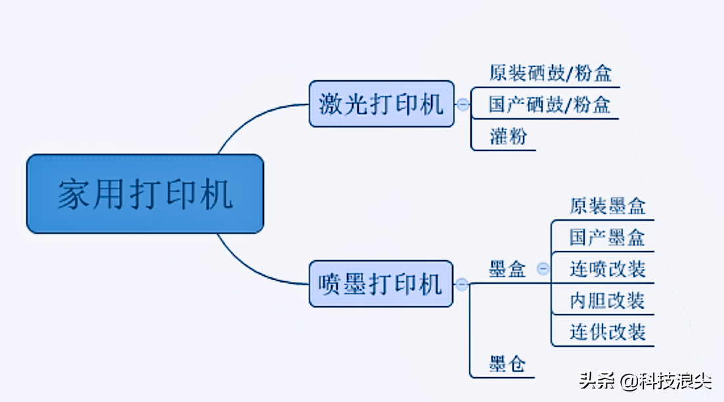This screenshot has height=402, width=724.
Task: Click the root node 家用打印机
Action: pos(145,194)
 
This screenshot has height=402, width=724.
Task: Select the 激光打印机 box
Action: pos(381,104)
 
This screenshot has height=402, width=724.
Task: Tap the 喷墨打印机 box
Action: pos(381,284)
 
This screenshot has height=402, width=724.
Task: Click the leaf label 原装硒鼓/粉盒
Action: pos(550,73)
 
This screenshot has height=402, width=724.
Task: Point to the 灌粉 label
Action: pos(508,136)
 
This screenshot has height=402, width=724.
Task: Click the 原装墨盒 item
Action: pos(607,206)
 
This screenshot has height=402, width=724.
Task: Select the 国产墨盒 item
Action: pos(607,237)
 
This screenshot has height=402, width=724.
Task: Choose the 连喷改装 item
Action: pos(607,269)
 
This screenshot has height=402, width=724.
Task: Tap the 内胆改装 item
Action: pos(607,300)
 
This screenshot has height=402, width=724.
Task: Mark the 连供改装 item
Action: pos(607,332)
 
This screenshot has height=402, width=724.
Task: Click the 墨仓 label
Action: pos(507,363)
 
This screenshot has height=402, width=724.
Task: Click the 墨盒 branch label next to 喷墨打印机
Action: pos(507,269)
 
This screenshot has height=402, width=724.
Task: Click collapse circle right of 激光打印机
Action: pos(463,104)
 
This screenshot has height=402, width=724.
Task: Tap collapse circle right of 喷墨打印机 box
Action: pos(462,284)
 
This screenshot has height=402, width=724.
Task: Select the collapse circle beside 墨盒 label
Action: pos(543,268)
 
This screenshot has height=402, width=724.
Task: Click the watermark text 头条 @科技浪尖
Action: pos(645,380)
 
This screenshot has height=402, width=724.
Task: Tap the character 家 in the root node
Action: pos(72,194)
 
